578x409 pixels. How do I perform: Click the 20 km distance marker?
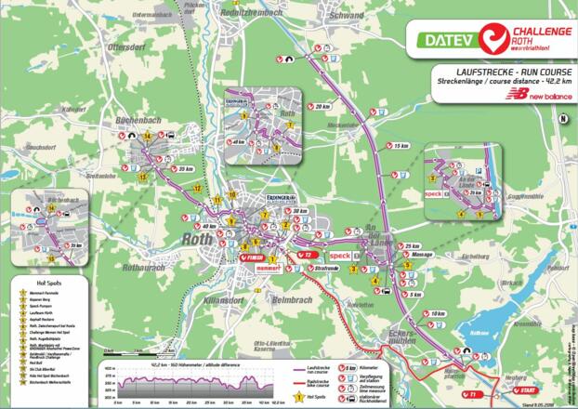(x=322, y=107)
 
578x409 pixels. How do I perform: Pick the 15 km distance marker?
(x=401, y=146)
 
